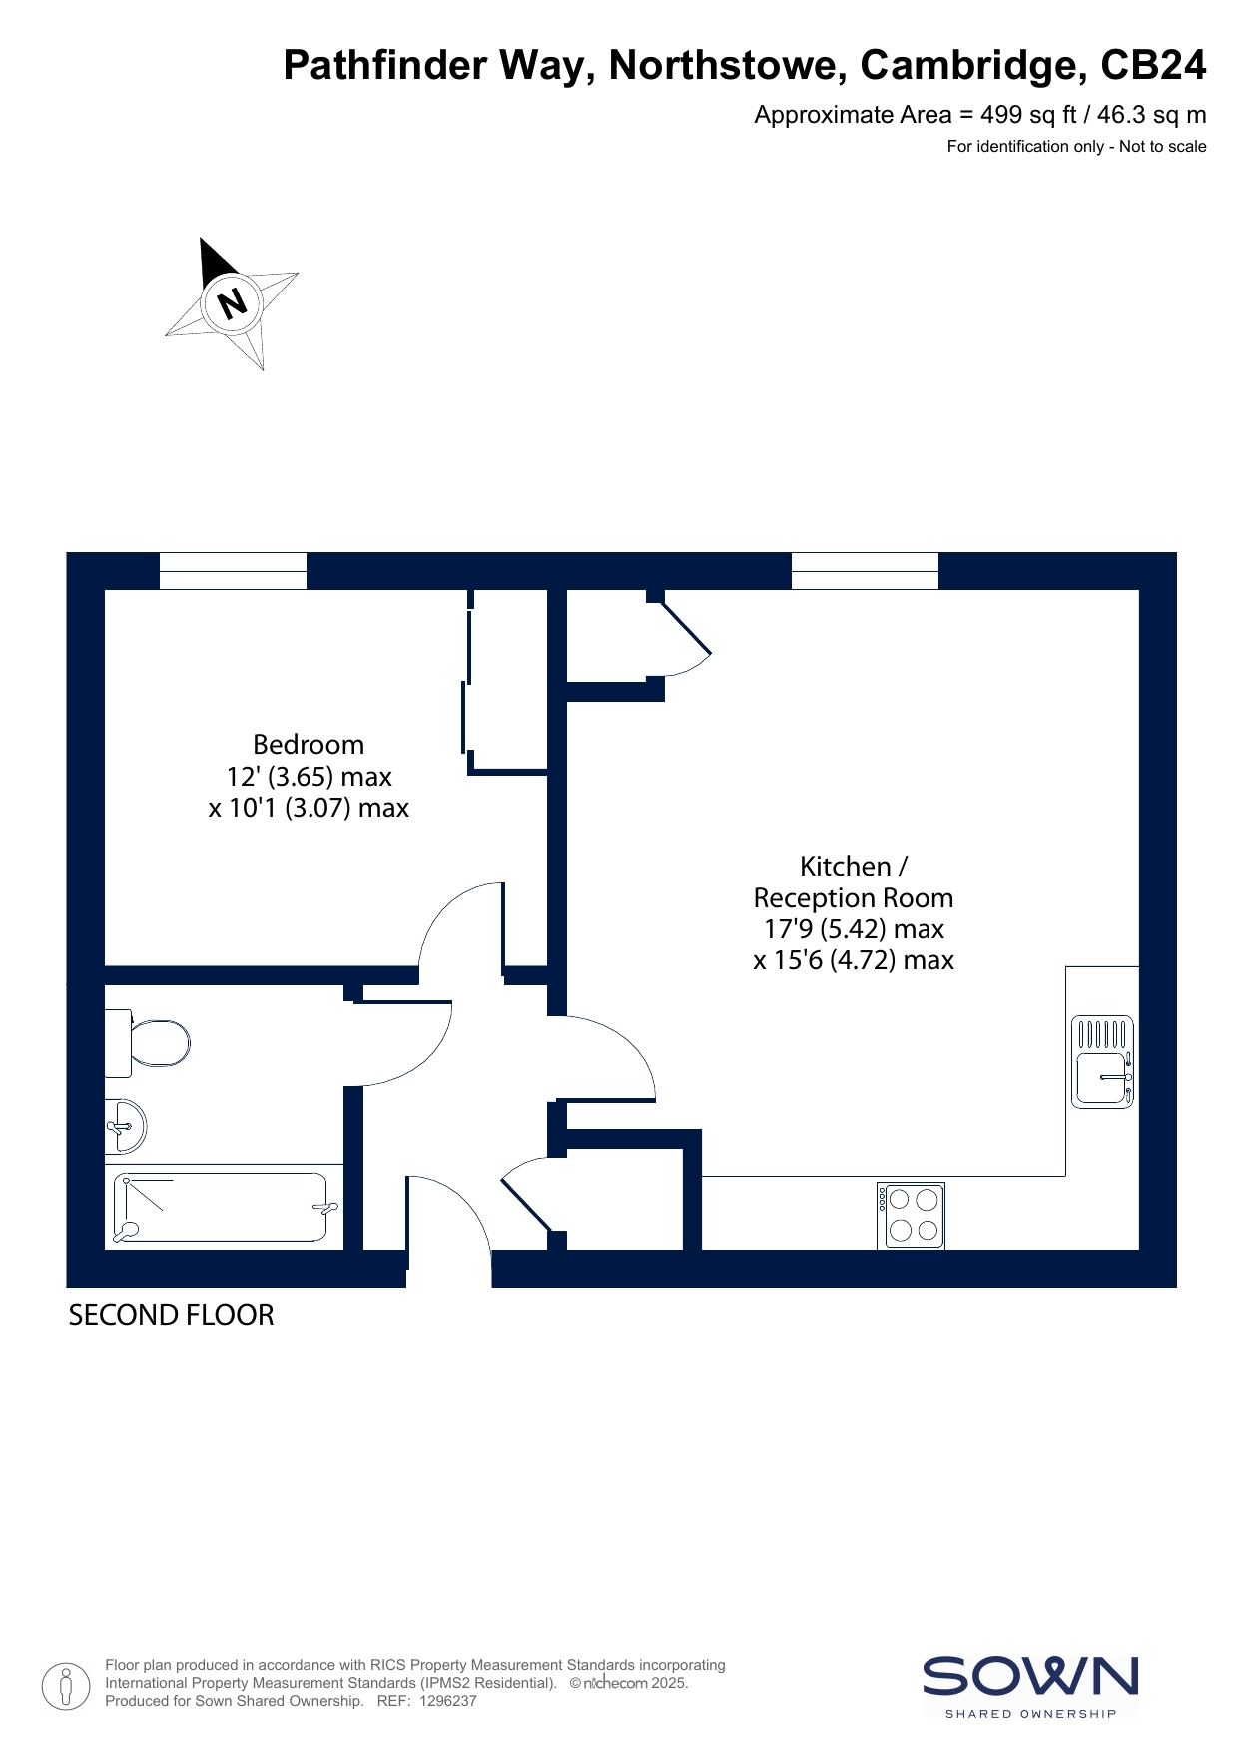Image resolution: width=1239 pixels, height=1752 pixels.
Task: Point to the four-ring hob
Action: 911,1215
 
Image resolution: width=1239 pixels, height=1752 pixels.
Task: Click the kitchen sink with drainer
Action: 1102,1062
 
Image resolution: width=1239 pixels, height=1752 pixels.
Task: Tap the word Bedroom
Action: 309,745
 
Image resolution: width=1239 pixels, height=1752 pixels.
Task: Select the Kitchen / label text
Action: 854,867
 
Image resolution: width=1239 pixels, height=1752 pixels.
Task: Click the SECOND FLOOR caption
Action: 171,1316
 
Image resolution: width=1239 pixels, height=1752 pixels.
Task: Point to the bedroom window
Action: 233,571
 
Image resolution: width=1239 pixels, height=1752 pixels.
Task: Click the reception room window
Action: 865,571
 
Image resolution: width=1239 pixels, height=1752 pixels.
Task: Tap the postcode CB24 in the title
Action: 1153,65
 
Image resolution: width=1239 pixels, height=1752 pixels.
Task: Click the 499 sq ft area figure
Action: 1027,115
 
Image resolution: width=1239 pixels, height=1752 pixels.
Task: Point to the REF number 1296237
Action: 448,1701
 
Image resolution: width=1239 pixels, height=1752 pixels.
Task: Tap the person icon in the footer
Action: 66,1686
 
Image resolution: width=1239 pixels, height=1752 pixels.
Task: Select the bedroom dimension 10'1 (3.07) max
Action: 309,808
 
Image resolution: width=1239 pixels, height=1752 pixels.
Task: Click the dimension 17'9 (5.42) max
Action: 854,929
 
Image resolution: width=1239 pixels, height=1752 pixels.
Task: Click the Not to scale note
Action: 1163,147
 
